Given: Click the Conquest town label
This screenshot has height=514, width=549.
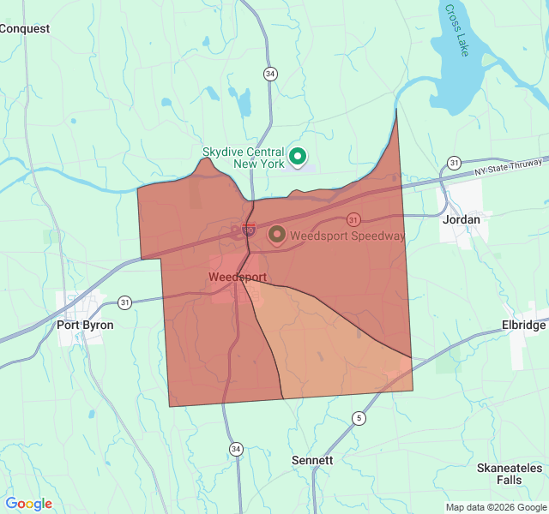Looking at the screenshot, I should [x=25, y=28].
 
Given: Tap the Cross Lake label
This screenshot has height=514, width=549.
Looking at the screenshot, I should [x=455, y=31].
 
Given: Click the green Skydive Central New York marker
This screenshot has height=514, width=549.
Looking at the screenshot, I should [x=298, y=156].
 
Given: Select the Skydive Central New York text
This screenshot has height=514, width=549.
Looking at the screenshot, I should [x=244, y=158].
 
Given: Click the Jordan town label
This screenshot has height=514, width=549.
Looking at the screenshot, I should [x=461, y=219].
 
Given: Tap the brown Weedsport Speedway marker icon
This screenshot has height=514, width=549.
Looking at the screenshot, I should [x=277, y=234].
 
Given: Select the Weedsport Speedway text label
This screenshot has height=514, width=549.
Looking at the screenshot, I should [x=347, y=235].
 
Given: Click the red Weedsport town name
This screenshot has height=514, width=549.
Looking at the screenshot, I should [x=238, y=278].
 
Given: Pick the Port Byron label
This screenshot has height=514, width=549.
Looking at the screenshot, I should [x=85, y=326].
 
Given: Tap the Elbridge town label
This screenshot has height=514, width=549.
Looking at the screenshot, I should [x=523, y=326].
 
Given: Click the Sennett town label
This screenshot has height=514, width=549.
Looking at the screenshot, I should [x=312, y=460].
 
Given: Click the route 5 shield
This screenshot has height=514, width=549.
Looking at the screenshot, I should [x=358, y=418].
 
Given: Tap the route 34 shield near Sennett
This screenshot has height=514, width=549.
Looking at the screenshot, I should [x=236, y=448].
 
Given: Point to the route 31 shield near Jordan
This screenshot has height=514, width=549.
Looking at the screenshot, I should [x=454, y=163].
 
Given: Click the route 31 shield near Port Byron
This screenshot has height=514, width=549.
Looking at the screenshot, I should [x=125, y=302].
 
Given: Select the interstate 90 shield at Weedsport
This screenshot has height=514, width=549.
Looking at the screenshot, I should [x=249, y=229].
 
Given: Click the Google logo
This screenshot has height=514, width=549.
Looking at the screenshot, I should [x=29, y=504].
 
